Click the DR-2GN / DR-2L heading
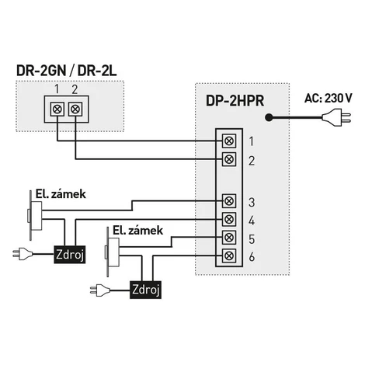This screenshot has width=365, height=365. click(66, 71)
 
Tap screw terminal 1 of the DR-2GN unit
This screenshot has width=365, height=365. click(57, 109)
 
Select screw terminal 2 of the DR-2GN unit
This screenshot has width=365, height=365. click(75, 109)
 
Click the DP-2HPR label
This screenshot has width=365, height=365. click(235, 100)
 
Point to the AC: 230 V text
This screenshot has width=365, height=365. click(328, 98)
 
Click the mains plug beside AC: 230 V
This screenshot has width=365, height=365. click(336, 118)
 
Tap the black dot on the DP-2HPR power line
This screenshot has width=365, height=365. click(269, 118)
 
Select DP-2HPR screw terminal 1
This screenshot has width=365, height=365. click(229, 141)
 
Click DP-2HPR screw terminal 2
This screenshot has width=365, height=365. click(229, 159)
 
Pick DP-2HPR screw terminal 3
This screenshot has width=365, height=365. click(229, 201)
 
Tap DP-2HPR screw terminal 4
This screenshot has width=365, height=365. click(229, 219)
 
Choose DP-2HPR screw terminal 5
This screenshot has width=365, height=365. click(229, 238)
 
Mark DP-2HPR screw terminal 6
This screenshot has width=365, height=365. click(229, 255)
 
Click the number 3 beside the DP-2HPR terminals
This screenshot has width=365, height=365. click(252, 203)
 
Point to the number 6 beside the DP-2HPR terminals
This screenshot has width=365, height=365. click(252, 257)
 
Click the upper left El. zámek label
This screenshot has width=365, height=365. click(61, 194)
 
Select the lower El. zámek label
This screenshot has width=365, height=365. click(137, 231)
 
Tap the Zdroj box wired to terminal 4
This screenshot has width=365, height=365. click(70, 255)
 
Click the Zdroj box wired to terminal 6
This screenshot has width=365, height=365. click(145, 290)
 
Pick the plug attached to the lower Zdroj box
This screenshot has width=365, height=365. click(99, 290)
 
